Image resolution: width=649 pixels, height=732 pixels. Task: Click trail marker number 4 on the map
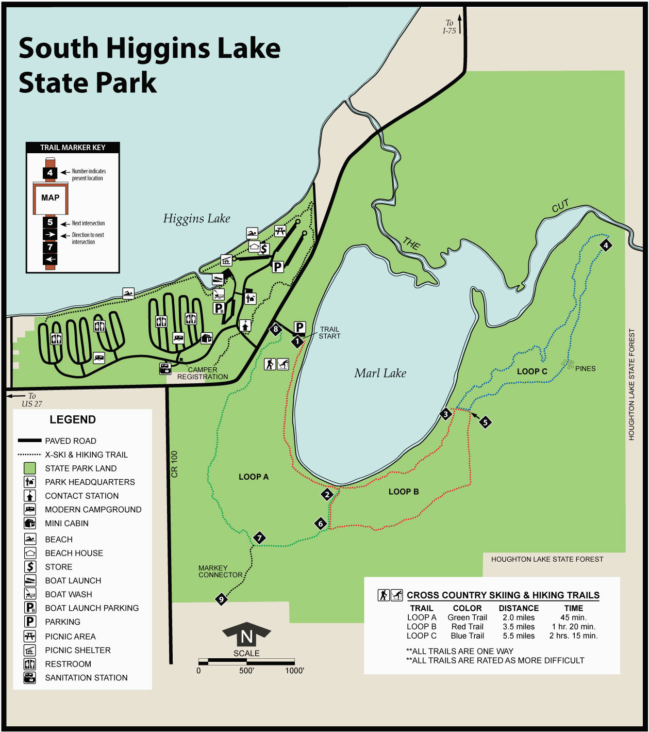click(x=606, y=246)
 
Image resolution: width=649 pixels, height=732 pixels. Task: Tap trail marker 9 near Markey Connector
click(x=221, y=599)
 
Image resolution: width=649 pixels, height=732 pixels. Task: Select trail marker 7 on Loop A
click(x=259, y=538)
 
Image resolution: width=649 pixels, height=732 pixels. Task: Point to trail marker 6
click(x=321, y=524)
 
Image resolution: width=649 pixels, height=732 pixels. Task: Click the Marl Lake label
click(x=380, y=373)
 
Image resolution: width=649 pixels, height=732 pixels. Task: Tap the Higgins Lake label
click(x=196, y=219)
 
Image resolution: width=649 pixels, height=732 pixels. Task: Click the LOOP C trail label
click(x=532, y=371)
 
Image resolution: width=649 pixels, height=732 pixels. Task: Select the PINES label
click(x=585, y=369)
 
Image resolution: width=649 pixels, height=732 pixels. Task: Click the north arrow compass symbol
click(x=246, y=635)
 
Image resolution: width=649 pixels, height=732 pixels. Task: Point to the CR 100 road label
click(x=174, y=464)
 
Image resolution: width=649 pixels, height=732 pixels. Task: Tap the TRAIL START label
click(x=329, y=333)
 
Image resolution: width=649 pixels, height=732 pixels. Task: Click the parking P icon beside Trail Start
click(x=299, y=327)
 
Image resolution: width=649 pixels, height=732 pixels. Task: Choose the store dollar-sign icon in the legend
click(x=30, y=567)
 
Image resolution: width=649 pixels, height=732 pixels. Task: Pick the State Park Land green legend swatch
click(x=30, y=468)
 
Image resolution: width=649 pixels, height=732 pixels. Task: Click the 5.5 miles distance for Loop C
click(x=519, y=636)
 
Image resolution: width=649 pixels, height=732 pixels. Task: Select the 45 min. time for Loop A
click(x=573, y=617)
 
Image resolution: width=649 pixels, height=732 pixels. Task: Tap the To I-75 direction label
click(x=449, y=27)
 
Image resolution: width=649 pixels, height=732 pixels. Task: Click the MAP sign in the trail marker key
click(x=50, y=198)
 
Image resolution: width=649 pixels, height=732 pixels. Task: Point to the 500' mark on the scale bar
click(x=246, y=671)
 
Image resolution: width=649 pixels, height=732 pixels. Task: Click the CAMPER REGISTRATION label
click(x=203, y=373)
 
